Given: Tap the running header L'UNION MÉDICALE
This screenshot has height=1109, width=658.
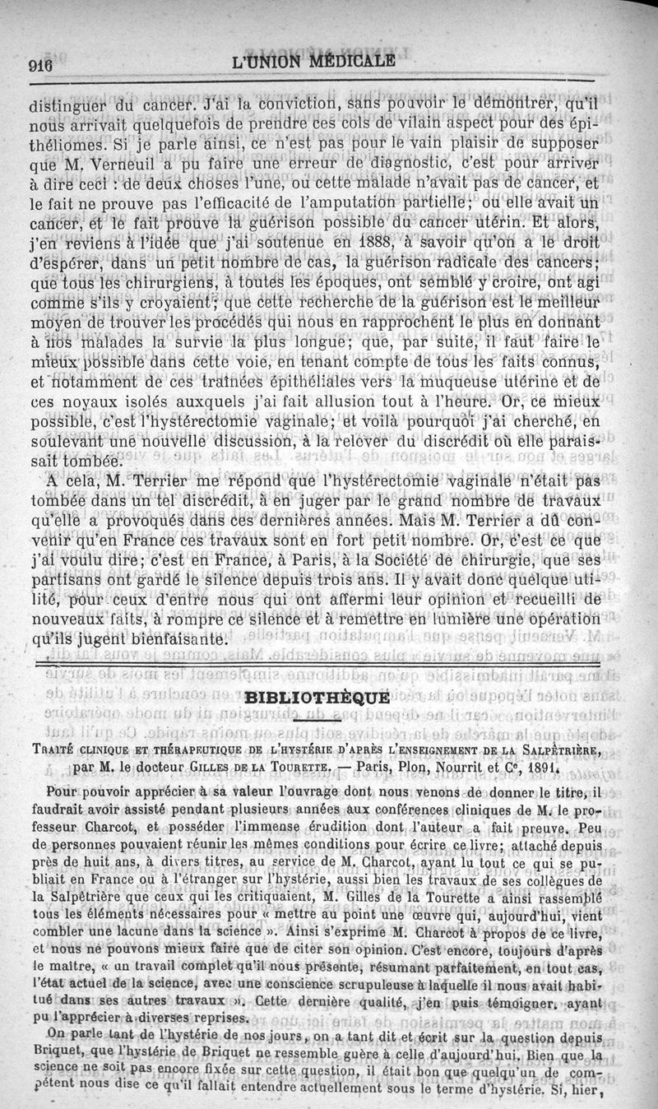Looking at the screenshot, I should [313, 61].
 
